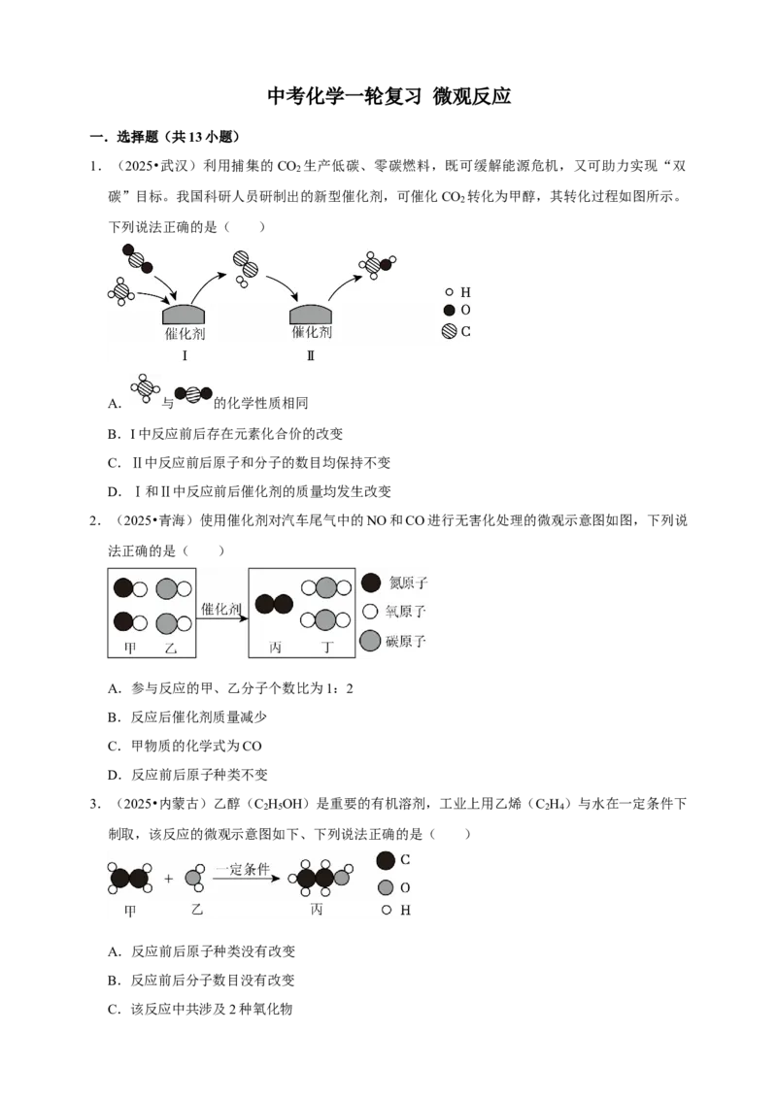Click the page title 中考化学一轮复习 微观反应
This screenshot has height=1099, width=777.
pyautogui.click(x=388, y=96)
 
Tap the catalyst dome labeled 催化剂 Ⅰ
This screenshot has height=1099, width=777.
pyautogui.click(x=185, y=314)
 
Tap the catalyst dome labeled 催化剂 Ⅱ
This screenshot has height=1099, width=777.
pyautogui.click(x=311, y=314)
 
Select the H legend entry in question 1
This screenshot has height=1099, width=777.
pyautogui.click(x=457, y=292)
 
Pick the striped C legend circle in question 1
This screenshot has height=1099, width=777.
pyautogui.click(x=450, y=331)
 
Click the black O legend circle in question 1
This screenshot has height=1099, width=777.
pyautogui.click(x=450, y=310)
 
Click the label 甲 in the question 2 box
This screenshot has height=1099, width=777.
pyautogui.click(x=130, y=648)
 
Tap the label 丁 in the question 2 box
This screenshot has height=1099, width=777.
pyautogui.click(x=326, y=647)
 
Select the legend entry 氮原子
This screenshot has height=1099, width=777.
pyautogui.click(x=394, y=583)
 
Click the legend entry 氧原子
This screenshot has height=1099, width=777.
pyautogui.click(x=394, y=612)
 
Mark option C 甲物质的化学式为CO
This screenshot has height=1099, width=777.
pyautogui.click(x=185, y=746)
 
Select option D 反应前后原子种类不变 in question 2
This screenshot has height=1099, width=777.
pyautogui.click(x=187, y=775)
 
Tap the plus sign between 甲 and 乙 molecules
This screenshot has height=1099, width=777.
pyautogui.click(x=168, y=879)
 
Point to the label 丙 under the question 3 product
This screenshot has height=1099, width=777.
pyautogui.click(x=317, y=909)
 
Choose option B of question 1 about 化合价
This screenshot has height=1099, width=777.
pyautogui.click(x=225, y=434)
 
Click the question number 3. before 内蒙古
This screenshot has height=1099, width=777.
pyautogui.click(x=95, y=804)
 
